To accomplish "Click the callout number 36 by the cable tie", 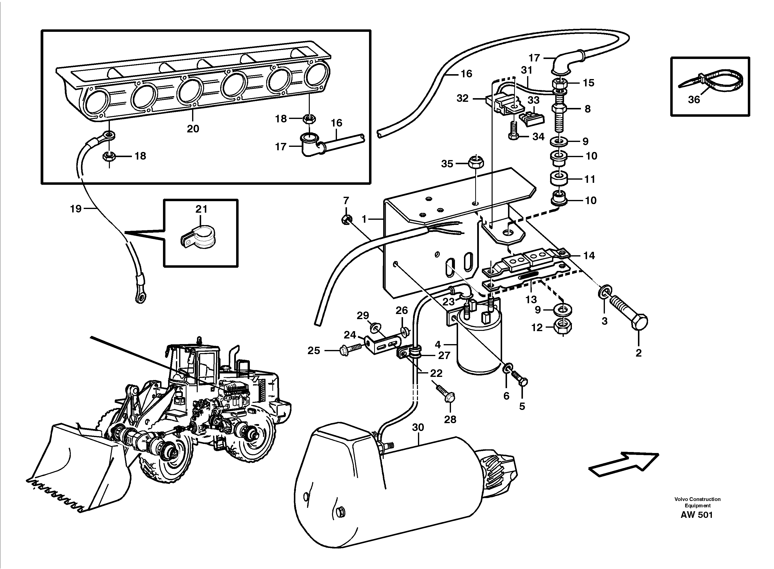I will [x=694, y=100].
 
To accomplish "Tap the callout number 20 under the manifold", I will [x=193, y=129].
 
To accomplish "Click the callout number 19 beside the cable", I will [x=76, y=209].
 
